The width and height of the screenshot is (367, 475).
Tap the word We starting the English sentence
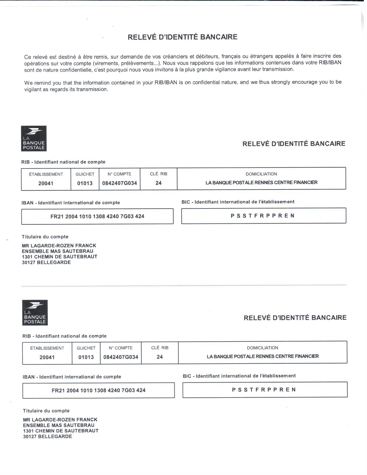(x=28, y=83)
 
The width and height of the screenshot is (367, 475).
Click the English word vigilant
(x=32, y=90)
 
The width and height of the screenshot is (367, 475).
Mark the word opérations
(x=36, y=64)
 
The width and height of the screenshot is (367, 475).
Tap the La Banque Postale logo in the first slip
(x=34, y=138)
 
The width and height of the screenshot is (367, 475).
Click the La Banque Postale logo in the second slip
(x=35, y=313)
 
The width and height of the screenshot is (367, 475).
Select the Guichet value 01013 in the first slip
(x=85, y=183)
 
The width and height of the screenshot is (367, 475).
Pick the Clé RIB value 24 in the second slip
(x=160, y=357)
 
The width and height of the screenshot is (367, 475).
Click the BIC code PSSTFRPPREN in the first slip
(x=263, y=216)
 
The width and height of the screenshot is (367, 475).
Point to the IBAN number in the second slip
(x=99, y=391)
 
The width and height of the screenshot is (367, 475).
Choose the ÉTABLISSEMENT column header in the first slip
(x=46, y=174)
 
